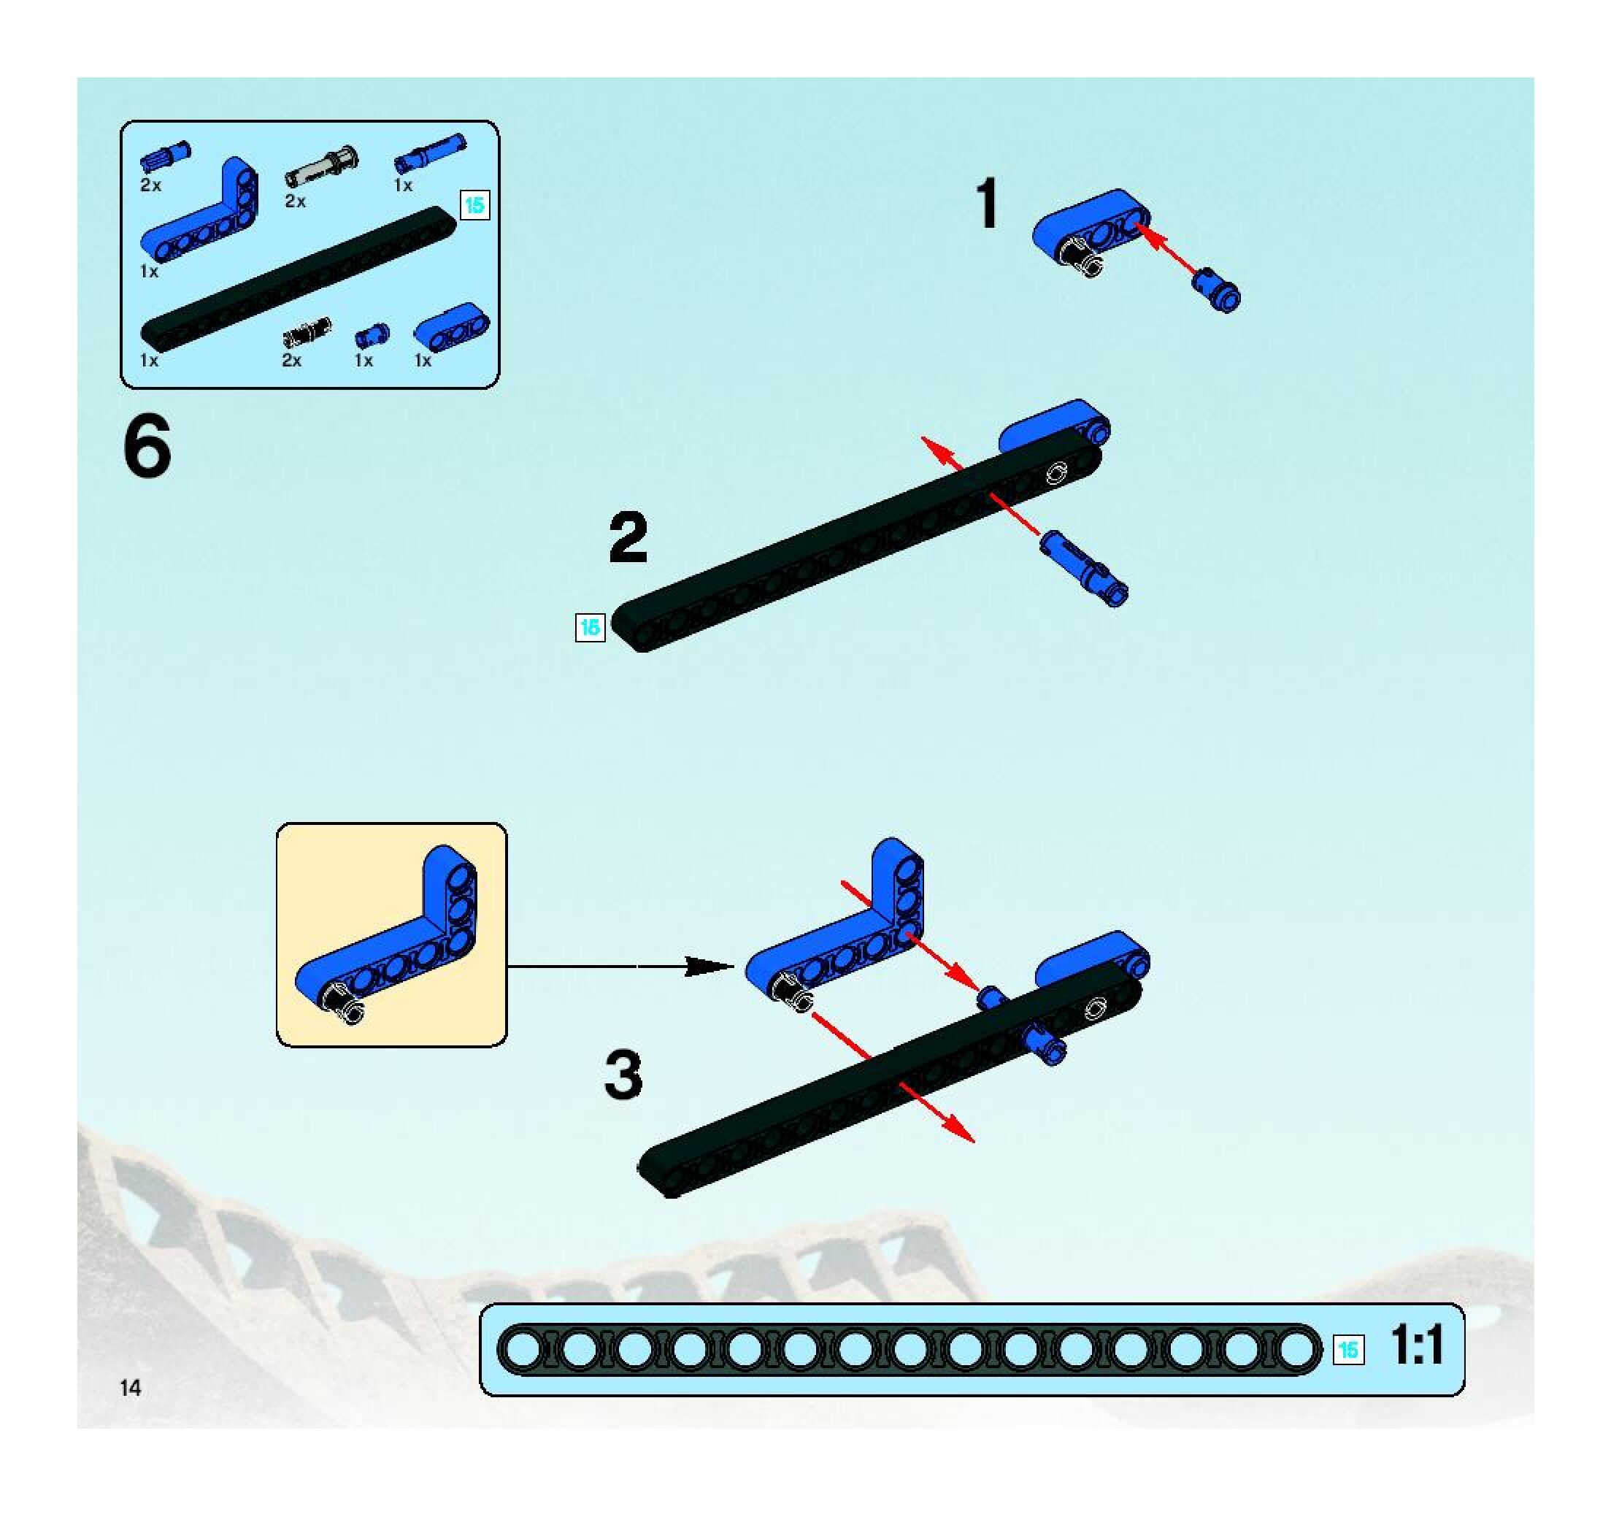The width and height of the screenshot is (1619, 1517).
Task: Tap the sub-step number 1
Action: (987, 204)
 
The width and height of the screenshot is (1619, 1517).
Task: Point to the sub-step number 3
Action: (624, 1075)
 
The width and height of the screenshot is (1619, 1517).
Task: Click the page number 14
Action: (131, 1389)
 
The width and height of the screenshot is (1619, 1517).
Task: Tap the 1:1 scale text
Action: (1418, 1345)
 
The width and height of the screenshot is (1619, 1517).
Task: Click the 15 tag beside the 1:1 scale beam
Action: (1349, 1349)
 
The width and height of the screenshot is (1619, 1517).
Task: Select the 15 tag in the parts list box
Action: (474, 205)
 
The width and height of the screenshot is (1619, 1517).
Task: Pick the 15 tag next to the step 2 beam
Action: (590, 627)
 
